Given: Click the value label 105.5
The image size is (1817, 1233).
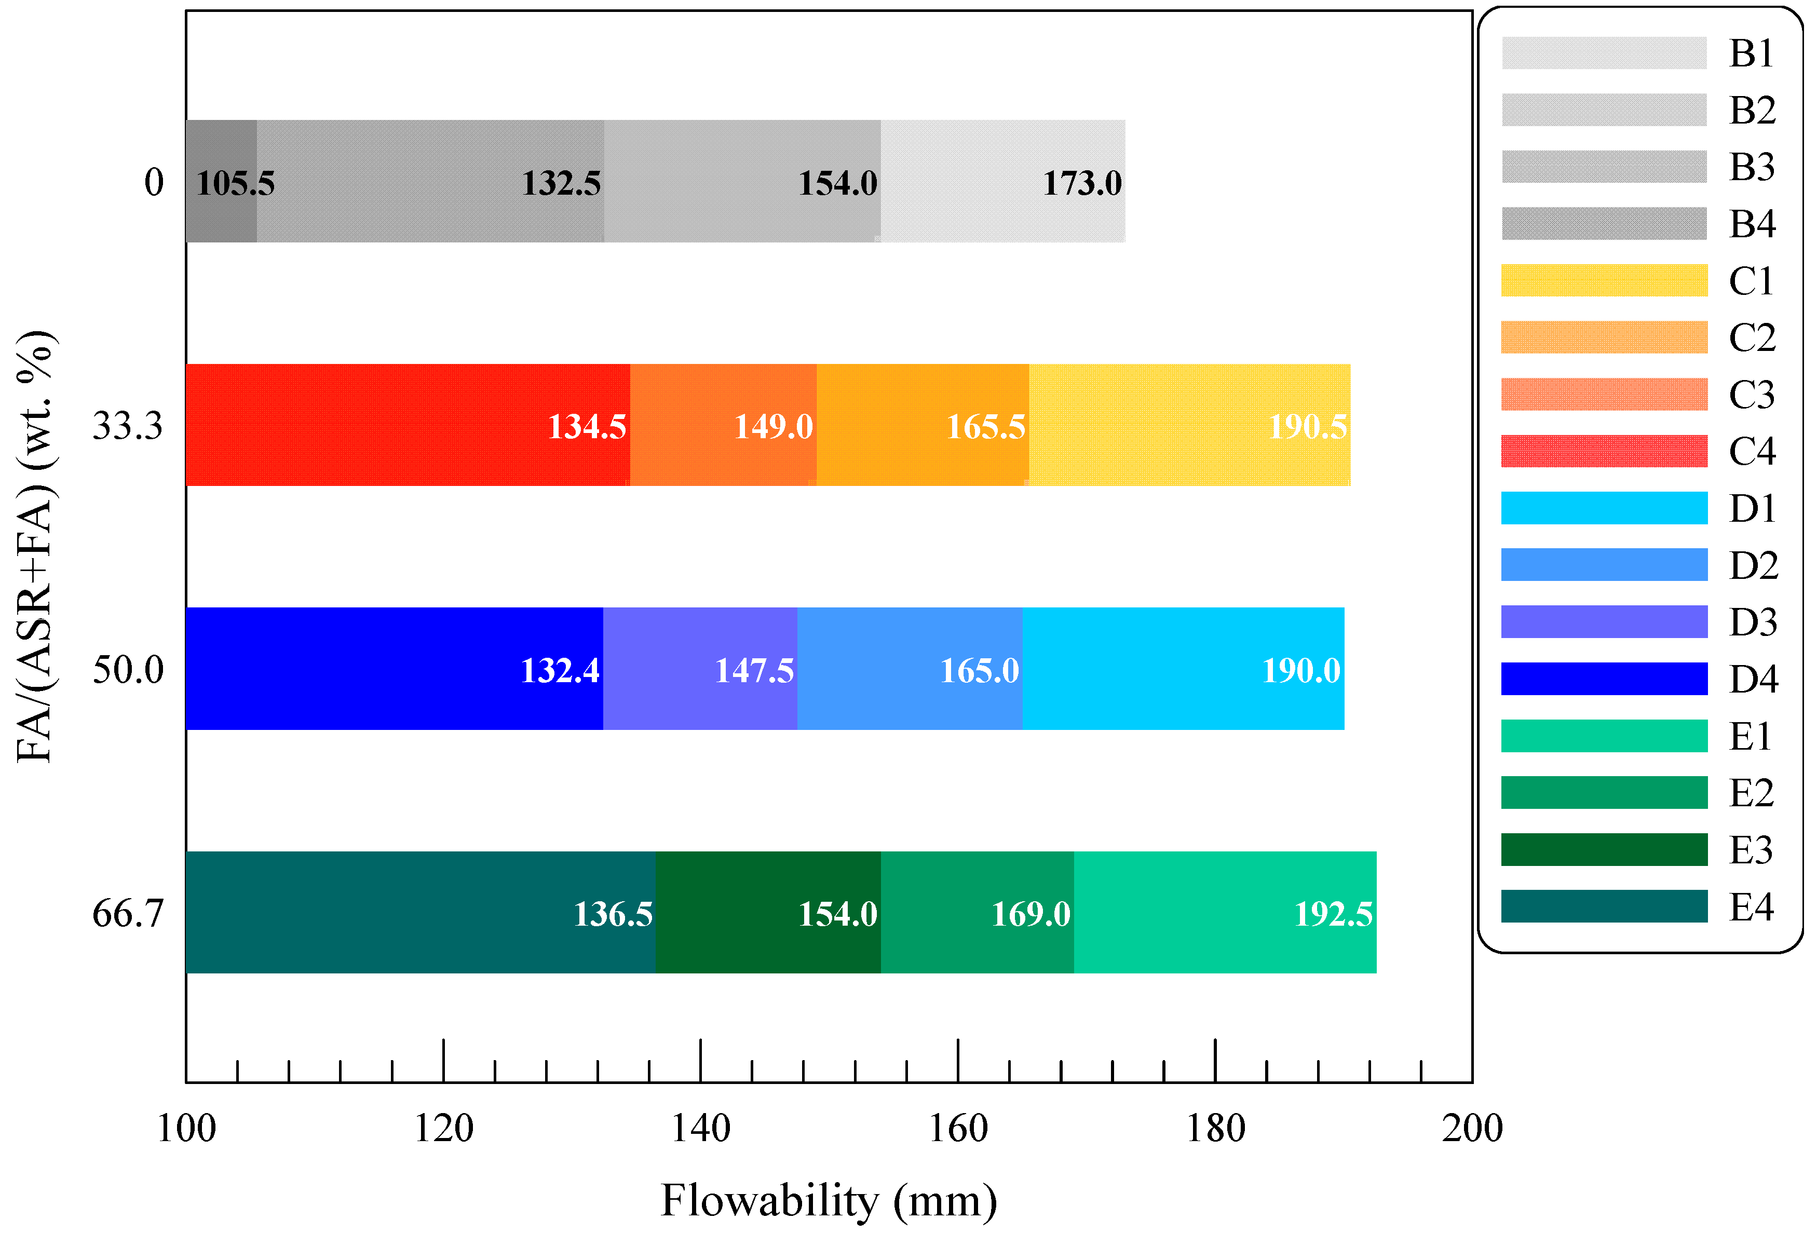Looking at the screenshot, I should (x=235, y=184).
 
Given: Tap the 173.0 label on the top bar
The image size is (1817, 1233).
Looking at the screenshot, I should (x=1081, y=184).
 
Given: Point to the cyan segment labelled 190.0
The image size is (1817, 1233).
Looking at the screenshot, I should (x=1182, y=669).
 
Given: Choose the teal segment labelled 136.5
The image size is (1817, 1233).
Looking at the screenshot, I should (x=420, y=913).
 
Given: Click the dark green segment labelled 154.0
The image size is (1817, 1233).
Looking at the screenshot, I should (x=768, y=913).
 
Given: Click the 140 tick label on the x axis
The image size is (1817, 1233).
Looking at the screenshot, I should (x=700, y=1128).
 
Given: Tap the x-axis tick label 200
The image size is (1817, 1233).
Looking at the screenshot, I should (x=1471, y=1128).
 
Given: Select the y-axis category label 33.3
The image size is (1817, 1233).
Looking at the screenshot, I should (x=127, y=426).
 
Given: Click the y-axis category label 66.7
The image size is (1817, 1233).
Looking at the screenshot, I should (x=127, y=913).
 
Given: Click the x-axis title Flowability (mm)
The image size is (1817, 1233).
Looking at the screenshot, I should (x=828, y=1201).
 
